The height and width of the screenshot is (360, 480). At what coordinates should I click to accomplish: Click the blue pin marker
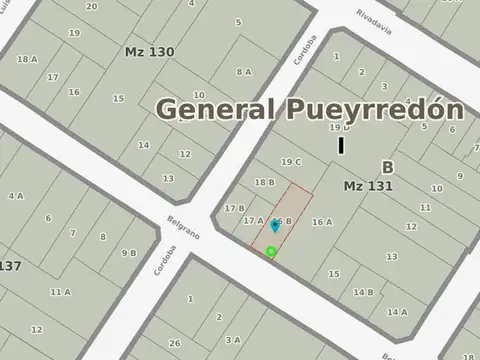tap(275, 226)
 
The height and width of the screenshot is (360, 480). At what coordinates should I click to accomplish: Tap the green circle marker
tap(271, 251)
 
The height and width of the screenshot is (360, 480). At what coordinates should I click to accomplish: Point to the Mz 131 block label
tap(367, 186)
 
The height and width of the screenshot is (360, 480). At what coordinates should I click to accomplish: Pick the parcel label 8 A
tap(244, 71)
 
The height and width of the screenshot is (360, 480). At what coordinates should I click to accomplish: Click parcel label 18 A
tap(27, 59)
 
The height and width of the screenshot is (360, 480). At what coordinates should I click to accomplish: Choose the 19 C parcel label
tap(291, 162)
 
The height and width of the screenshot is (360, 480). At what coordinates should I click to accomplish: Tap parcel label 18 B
tap(264, 182)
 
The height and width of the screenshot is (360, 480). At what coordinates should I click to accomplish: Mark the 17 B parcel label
tap(235, 208)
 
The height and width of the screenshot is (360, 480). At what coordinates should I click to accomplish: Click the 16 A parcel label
tap(322, 222)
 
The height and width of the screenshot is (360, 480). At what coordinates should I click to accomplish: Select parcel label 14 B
tap(363, 292)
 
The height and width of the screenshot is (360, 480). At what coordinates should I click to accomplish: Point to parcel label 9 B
tap(129, 253)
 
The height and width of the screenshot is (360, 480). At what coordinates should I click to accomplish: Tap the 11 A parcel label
tap(61, 292)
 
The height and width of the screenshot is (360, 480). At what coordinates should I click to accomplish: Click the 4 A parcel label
tap(16, 196)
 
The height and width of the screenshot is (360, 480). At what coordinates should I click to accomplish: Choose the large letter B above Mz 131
tap(387, 167)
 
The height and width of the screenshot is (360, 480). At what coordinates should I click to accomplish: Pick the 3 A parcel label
tap(232, 340)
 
